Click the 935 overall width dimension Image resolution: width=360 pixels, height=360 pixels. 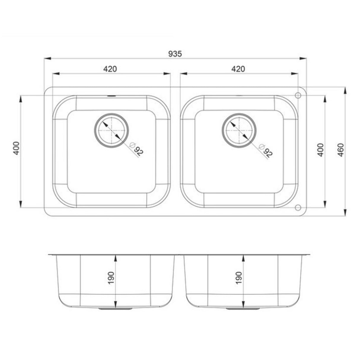(175, 54)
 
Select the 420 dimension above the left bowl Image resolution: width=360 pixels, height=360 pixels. (110, 69)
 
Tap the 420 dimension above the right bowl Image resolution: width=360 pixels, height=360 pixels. (238, 69)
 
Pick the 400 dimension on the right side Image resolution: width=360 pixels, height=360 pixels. (321, 150)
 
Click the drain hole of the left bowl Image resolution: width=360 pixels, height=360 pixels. (111, 130)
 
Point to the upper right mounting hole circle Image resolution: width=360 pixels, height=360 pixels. (298, 95)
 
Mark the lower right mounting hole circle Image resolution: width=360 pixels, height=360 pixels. (298, 207)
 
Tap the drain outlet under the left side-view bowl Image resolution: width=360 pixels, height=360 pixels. (115, 309)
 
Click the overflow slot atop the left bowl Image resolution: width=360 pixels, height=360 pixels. (111, 96)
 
